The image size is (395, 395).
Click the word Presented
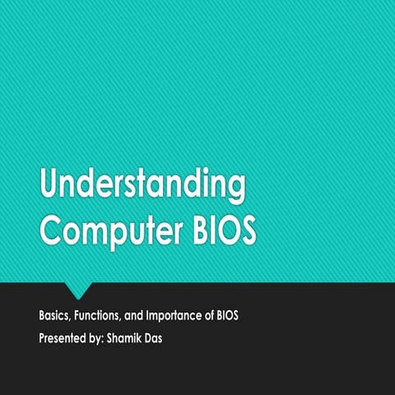pyautogui.click(x=67, y=337)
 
